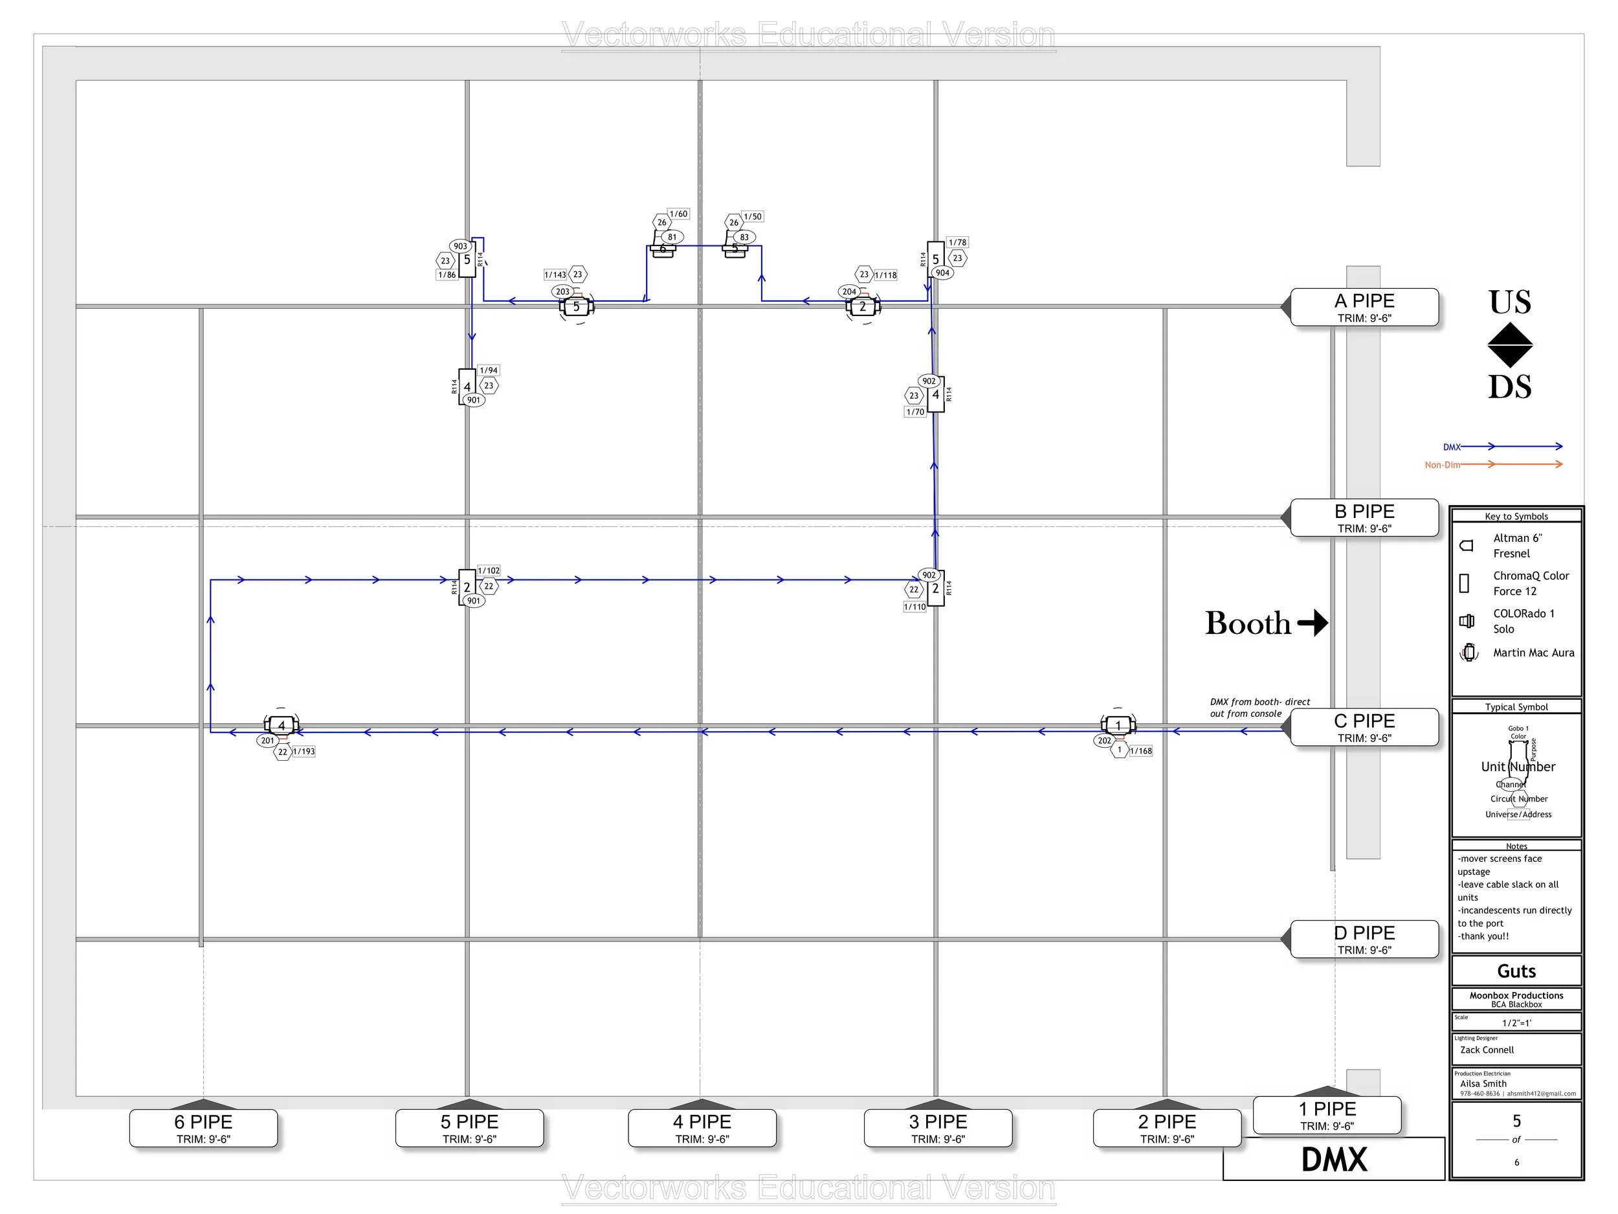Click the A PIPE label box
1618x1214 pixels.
coord(1364,308)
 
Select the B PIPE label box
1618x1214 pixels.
coord(1364,518)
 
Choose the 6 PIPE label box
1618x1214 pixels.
coord(203,1129)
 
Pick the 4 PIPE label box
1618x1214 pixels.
coord(702,1129)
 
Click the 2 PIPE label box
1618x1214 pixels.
coord(1167,1129)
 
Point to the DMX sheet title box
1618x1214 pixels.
coord(1333,1160)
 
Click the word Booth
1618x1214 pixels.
coord(1248,624)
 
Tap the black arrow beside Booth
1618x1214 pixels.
coord(1313,623)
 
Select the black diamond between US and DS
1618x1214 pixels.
coord(1510,344)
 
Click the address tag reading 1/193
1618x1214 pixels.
coord(304,752)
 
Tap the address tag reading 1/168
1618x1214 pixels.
coord(1140,751)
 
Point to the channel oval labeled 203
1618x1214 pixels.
coord(562,291)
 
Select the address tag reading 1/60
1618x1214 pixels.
coord(679,214)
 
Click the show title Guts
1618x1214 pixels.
coord(1516,971)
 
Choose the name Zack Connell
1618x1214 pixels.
coord(1487,1050)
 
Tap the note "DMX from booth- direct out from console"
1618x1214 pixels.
coord(1259,708)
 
